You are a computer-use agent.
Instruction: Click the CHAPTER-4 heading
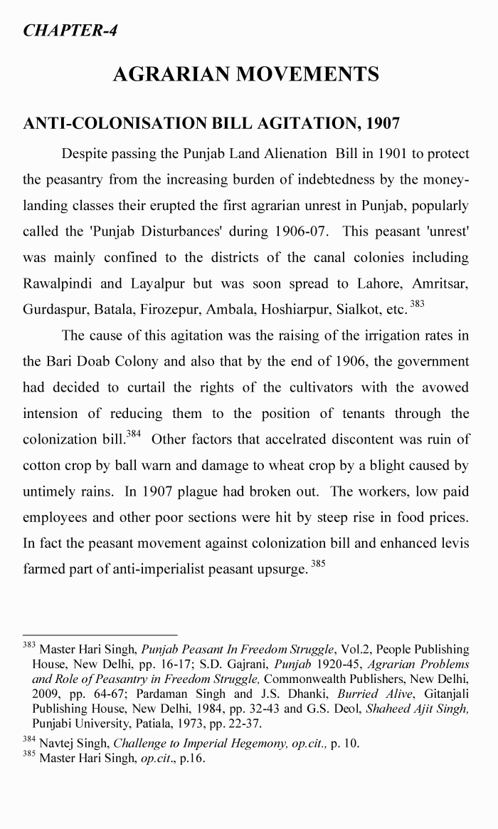point(70,31)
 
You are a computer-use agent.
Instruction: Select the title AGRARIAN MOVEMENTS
point(245,74)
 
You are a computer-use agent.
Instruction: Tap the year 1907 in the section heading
point(383,123)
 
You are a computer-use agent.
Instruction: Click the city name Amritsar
point(441,283)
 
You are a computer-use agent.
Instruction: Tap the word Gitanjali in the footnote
point(446,693)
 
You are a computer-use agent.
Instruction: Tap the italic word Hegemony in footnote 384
point(221,744)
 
